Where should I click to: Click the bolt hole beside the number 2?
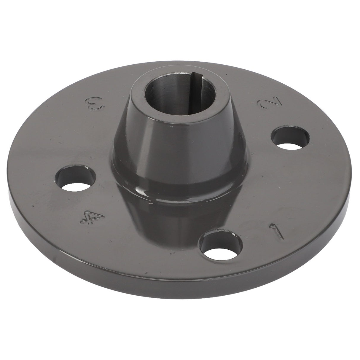291,138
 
